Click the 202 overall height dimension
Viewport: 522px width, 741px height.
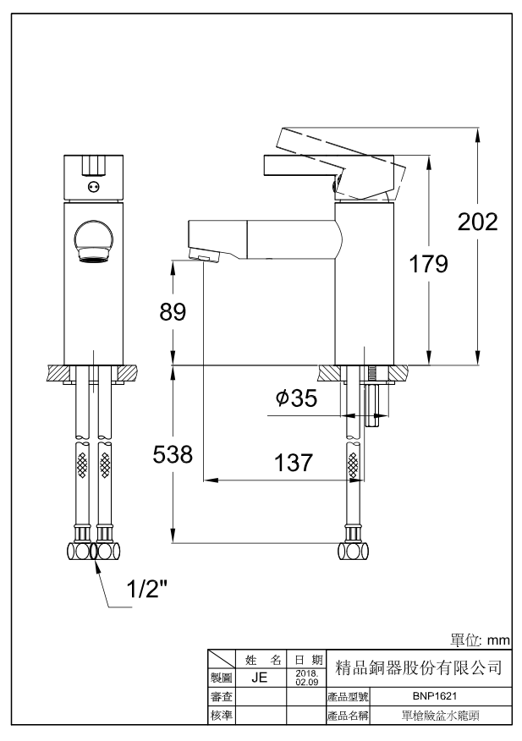click(x=477, y=222)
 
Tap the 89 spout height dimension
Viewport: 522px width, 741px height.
click(x=173, y=311)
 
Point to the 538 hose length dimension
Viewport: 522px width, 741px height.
click(x=173, y=454)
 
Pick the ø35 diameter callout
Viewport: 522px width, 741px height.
click(x=297, y=398)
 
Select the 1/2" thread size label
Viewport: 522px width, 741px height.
click(x=147, y=590)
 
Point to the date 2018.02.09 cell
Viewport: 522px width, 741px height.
click(x=305, y=678)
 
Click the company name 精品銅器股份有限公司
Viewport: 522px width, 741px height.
click(x=420, y=667)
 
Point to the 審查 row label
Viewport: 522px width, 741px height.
click(x=222, y=697)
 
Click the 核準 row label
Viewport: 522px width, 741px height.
click(x=222, y=716)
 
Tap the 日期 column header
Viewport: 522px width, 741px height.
click(x=305, y=659)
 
